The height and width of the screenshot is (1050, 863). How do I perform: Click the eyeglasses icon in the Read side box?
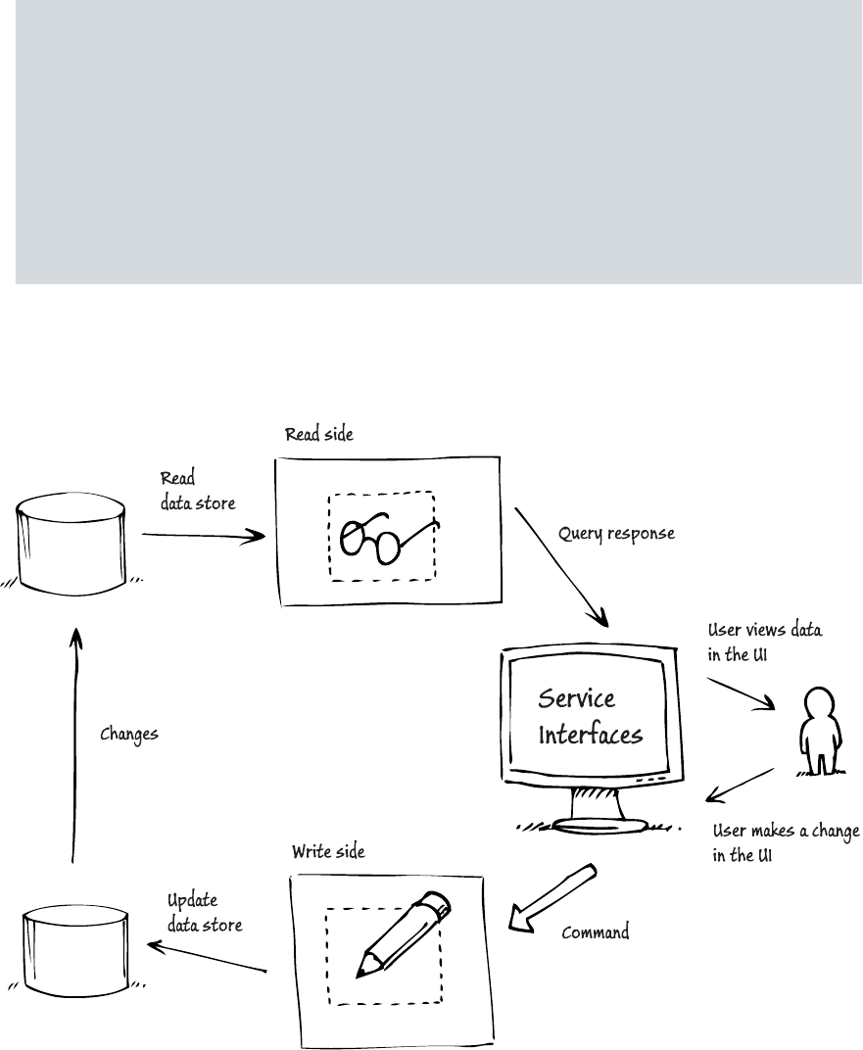click(383, 538)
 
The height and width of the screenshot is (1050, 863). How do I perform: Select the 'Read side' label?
click(315, 434)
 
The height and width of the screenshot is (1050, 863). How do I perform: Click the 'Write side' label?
click(328, 852)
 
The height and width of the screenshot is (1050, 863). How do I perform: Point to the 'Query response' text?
click(616, 536)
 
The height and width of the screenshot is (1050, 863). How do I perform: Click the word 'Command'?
click(595, 932)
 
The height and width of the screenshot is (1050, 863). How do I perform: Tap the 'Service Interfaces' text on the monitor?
click(590, 716)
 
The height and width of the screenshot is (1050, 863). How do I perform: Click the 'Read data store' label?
click(197, 488)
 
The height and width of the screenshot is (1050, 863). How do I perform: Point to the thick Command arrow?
click(551, 894)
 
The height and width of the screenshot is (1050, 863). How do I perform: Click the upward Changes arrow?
click(72, 744)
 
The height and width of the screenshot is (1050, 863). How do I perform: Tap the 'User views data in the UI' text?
click(764, 643)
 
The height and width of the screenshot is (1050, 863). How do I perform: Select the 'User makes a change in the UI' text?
click(785, 842)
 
